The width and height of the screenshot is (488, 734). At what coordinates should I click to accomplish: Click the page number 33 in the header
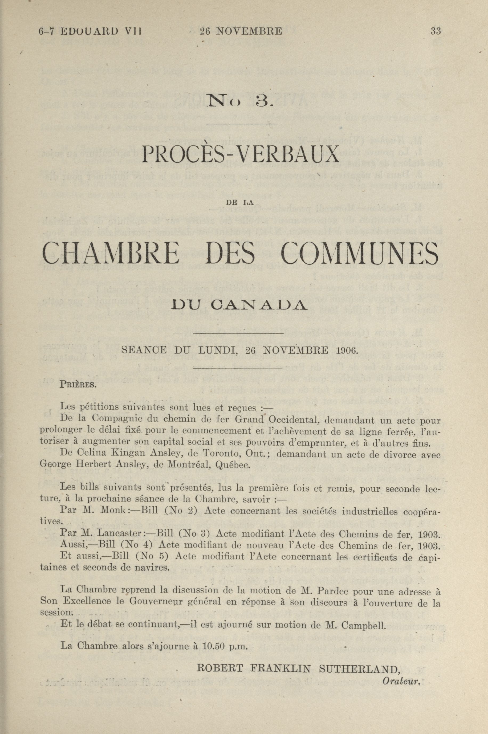coord(436,31)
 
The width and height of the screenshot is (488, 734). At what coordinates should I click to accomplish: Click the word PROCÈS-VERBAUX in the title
coord(240,155)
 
